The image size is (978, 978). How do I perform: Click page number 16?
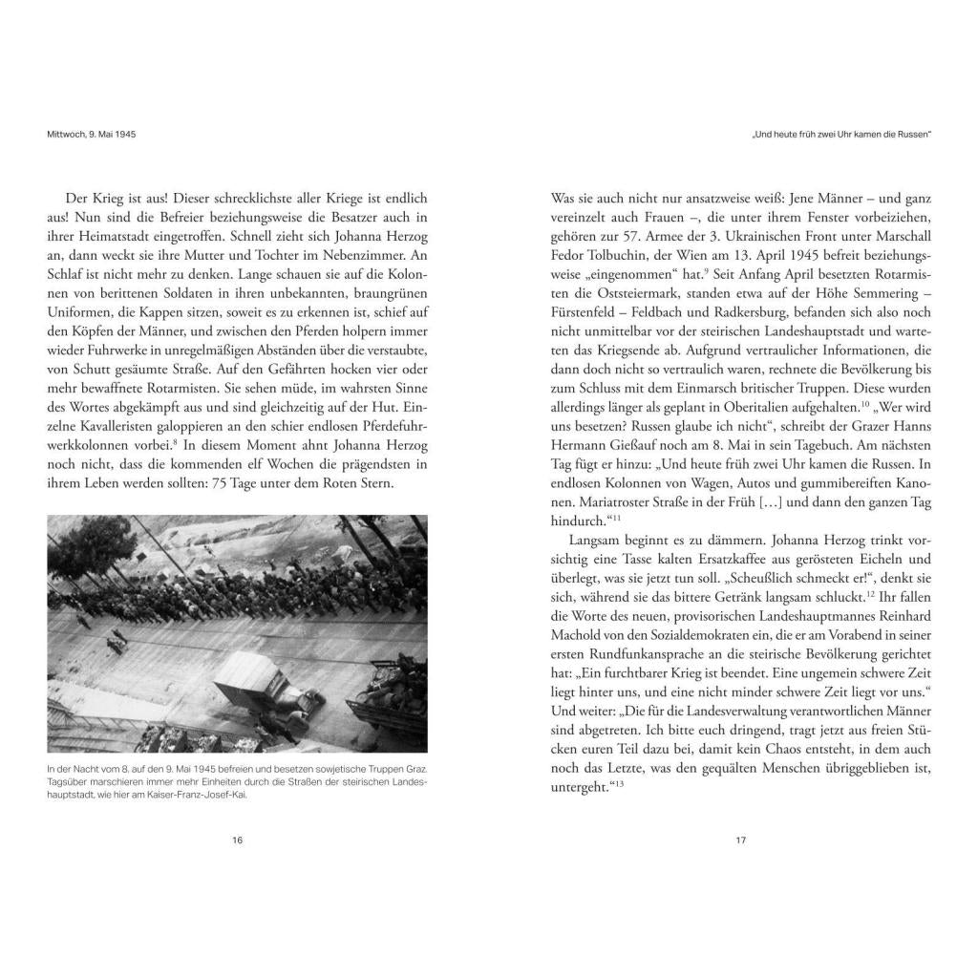(x=237, y=840)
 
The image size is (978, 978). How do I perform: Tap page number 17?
(x=740, y=840)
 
